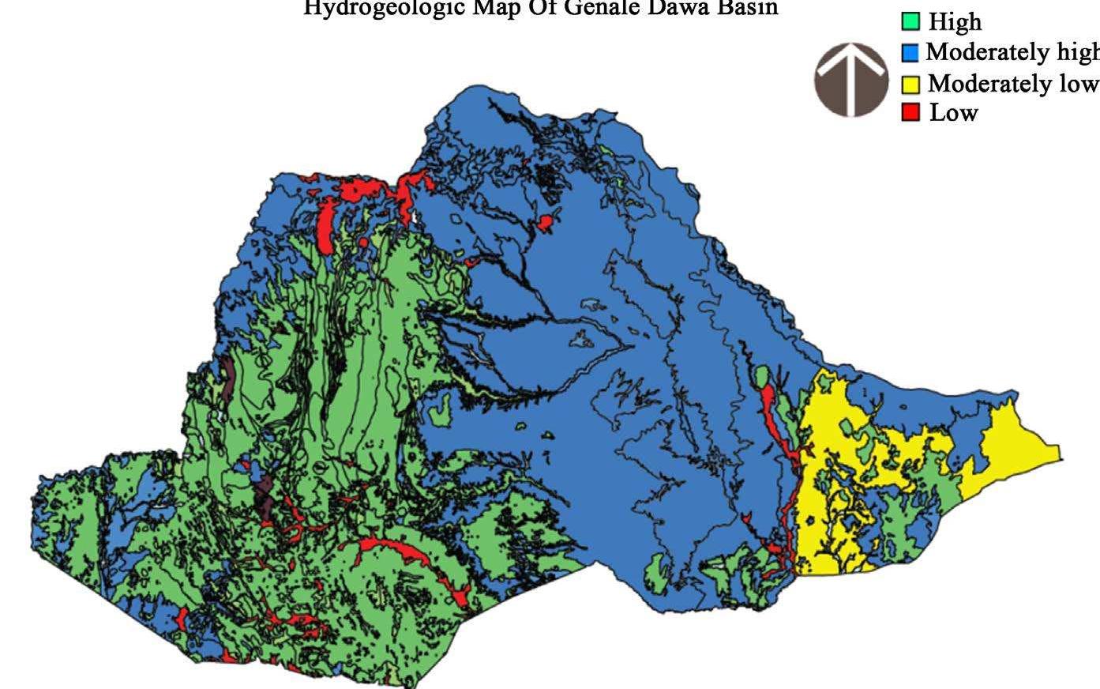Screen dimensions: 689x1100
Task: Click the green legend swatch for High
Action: pyautogui.click(x=910, y=22)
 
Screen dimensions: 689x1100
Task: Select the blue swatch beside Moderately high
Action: pyautogui.click(x=910, y=53)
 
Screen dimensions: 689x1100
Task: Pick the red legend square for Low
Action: pyautogui.click(x=910, y=112)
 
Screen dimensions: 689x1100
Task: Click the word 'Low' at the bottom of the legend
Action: pyautogui.click(x=954, y=112)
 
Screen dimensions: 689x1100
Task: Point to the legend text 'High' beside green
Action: pyautogui.click(x=955, y=22)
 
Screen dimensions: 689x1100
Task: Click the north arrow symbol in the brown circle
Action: pyautogui.click(x=851, y=79)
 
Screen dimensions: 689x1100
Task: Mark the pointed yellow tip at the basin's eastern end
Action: pyautogui.click(x=1054, y=453)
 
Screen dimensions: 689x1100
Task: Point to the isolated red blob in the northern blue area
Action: pyautogui.click(x=546, y=222)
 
